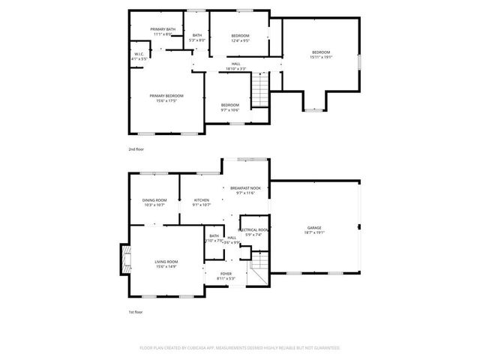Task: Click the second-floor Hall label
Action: [x=235, y=66]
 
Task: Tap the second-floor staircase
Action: [x=259, y=91]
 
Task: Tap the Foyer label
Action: [x=226, y=276]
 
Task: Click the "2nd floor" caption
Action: [x=136, y=149]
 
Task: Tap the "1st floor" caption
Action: [x=135, y=311]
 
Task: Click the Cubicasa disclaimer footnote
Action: [x=240, y=348]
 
